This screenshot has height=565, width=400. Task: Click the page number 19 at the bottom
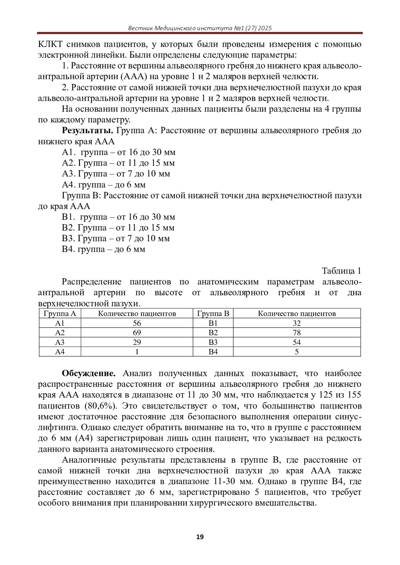tap(200, 536)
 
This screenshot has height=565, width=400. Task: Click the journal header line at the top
tap(200, 28)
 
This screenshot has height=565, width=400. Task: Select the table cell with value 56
tap(137, 323)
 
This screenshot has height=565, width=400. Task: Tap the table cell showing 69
tap(137, 333)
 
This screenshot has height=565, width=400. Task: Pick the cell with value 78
tap(297, 333)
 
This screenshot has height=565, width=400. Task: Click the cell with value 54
tap(297, 342)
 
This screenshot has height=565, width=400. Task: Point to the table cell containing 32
tap(297, 323)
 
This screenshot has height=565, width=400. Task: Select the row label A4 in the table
tap(60, 352)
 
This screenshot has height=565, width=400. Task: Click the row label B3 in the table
tap(213, 342)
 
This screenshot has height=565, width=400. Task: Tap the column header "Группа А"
tap(60, 313)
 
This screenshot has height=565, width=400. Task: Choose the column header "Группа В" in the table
tap(213, 313)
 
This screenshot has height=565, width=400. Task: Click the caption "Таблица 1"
tap(342, 271)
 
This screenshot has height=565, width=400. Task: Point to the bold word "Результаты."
tap(88, 131)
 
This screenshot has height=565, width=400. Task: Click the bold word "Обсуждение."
tap(89, 374)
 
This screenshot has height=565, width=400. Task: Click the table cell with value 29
tap(137, 342)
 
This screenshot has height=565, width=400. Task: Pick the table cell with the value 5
tap(297, 352)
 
